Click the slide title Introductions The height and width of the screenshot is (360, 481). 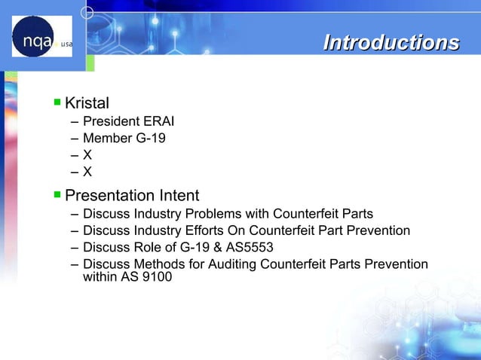tap(391, 43)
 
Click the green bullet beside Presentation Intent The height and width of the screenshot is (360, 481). tap(57, 195)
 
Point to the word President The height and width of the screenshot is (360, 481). tap(111, 122)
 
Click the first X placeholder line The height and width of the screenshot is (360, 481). tap(87, 155)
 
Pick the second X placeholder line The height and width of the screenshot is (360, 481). tap(87, 172)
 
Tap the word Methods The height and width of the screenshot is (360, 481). tap(155, 264)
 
